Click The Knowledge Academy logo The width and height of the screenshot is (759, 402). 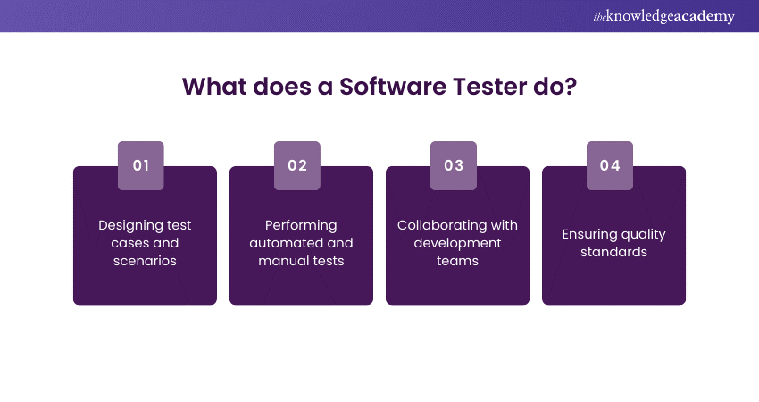click(663, 16)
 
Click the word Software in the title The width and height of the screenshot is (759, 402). click(393, 87)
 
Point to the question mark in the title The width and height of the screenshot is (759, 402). click(571, 87)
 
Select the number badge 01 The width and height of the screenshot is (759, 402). click(141, 165)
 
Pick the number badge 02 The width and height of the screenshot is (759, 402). click(297, 165)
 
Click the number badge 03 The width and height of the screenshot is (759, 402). click(454, 165)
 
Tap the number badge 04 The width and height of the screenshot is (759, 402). click(610, 165)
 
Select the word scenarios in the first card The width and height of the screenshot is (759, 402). click(145, 261)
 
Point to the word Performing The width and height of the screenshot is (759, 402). click(301, 226)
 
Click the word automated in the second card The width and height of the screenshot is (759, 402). click(280, 243)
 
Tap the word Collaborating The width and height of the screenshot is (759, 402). click(442, 226)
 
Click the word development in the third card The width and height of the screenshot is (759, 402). click(457, 244)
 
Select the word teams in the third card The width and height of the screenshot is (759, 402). click(457, 261)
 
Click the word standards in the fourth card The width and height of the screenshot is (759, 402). click(613, 252)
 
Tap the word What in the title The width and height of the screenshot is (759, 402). click(214, 87)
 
